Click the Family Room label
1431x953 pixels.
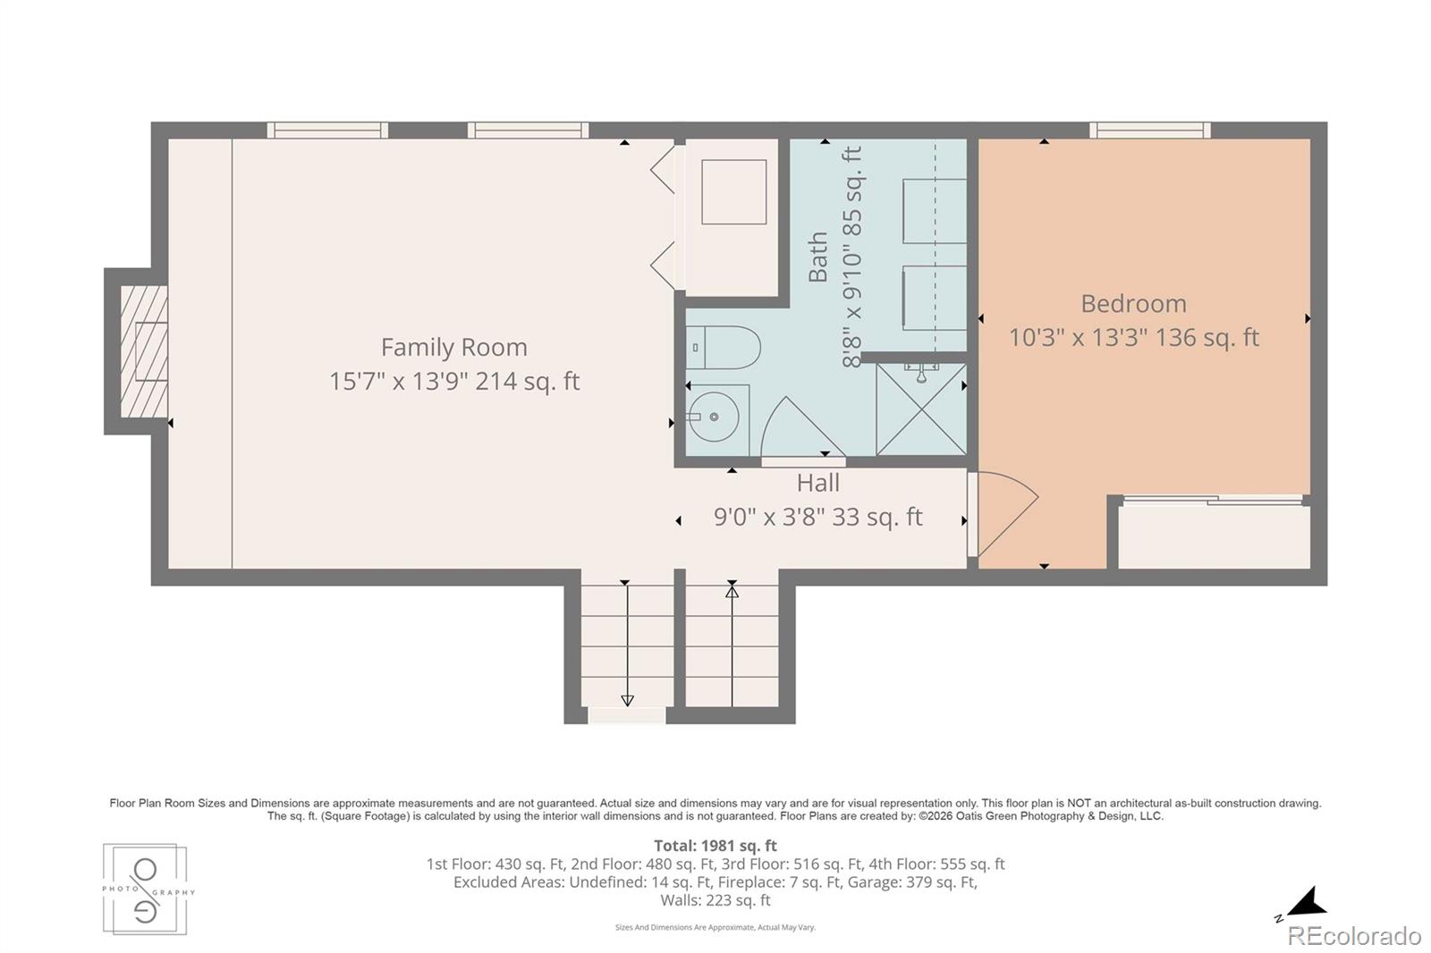pos(454,348)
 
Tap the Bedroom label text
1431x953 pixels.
pos(1133,303)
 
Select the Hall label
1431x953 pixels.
pos(817,483)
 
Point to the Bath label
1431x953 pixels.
pos(818,257)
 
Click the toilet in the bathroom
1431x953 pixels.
pos(724,348)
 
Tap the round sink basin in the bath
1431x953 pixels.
pos(715,417)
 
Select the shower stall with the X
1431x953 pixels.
pos(920,409)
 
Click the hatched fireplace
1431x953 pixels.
pos(144,352)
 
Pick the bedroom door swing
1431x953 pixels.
pos(1003,513)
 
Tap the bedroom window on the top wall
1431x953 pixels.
pos(1150,131)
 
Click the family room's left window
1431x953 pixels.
pos(327,131)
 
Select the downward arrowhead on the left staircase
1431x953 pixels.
pos(627,701)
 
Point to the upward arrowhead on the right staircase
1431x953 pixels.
pos(732,592)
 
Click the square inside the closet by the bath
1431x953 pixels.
pos(734,191)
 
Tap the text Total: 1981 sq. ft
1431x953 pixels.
pos(715,846)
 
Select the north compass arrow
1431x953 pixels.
pos(1307,904)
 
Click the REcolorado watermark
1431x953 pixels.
pos(1354,936)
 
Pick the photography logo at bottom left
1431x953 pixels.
pos(146,890)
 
